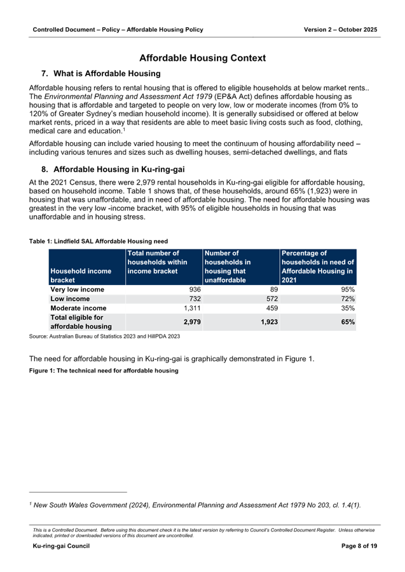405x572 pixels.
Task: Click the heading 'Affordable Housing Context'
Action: coord(202,58)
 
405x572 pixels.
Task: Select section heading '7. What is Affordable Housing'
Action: coord(100,74)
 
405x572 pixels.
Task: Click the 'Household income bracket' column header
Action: coord(81,275)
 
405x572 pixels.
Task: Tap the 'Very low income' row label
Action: coord(77,289)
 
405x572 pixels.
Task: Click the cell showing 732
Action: coord(191,298)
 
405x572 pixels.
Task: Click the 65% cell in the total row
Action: coord(347,322)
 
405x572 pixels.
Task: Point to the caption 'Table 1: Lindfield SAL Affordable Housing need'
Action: coord(98,241)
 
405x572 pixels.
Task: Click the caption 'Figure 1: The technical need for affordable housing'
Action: coord(104,370)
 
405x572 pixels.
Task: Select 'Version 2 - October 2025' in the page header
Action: coord(340,30)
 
